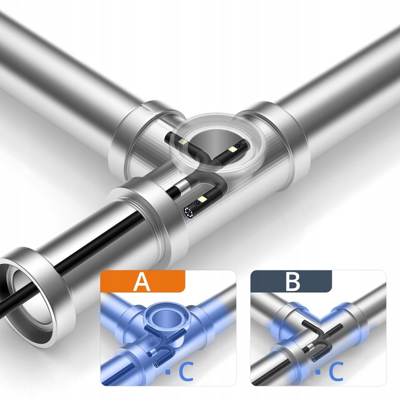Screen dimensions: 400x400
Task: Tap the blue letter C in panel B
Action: [x=336, y=372]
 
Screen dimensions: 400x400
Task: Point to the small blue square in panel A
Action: [x=168, y=372]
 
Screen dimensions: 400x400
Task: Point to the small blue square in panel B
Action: [x=318, y=372]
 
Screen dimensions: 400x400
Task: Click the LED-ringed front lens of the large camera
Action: [x=189, y=212]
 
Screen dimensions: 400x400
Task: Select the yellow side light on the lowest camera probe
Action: [x=204, y=199]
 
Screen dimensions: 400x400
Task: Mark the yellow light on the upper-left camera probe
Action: [x=183, y=142]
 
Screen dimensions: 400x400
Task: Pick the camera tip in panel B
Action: [x=313, y=359]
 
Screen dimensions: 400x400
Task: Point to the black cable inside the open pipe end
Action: [x=16, y=301]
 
